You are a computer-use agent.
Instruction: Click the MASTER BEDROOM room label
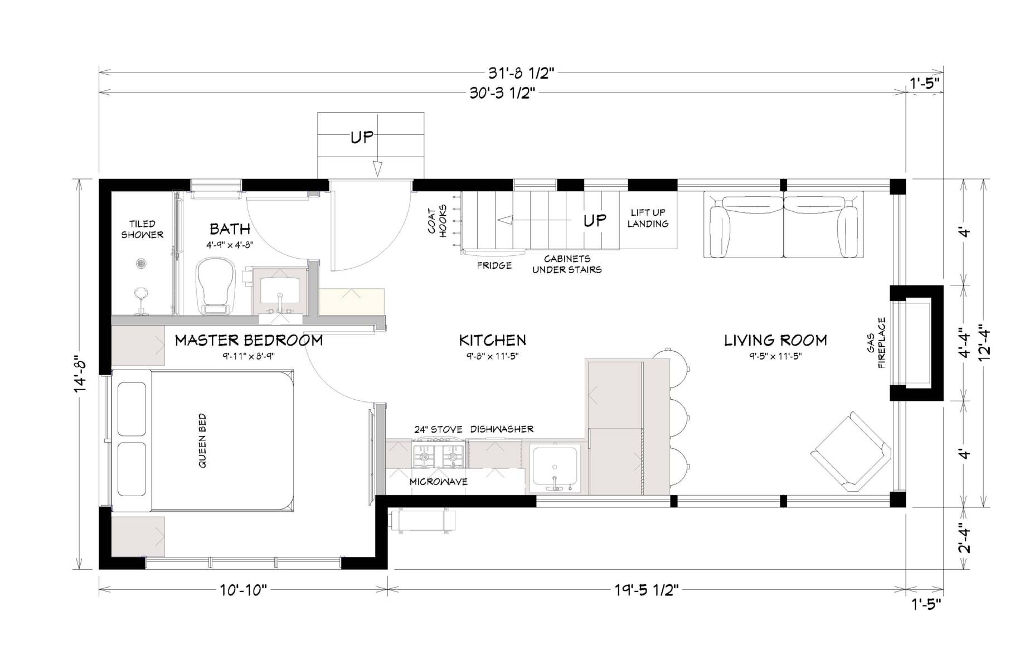pos(249,340)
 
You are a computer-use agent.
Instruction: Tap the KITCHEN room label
pos(492,340)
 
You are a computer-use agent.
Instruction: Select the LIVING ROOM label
pos(775,340)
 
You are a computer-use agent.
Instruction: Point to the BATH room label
pos(230,229)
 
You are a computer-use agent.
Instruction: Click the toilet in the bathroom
pos(215,285)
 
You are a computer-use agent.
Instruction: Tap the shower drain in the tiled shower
pos(142,263)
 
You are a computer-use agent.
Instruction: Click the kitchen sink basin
pos(555,467)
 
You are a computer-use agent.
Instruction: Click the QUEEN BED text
pos(202,440)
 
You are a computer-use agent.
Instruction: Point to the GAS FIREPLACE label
pos(876,343)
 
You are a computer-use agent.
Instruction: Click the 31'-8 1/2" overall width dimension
pos(522,73)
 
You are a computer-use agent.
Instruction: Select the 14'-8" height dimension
pos(81,374)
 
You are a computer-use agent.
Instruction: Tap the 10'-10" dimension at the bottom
pos(244,590)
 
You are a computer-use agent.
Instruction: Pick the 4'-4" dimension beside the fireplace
pos(965,343)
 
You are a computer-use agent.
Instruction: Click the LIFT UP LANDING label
pos(648,218)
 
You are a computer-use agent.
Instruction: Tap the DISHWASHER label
pos(502,429)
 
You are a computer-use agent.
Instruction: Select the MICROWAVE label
pos(439,482)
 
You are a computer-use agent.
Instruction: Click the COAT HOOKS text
pos(438,222)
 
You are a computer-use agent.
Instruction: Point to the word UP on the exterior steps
pos(361,137)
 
